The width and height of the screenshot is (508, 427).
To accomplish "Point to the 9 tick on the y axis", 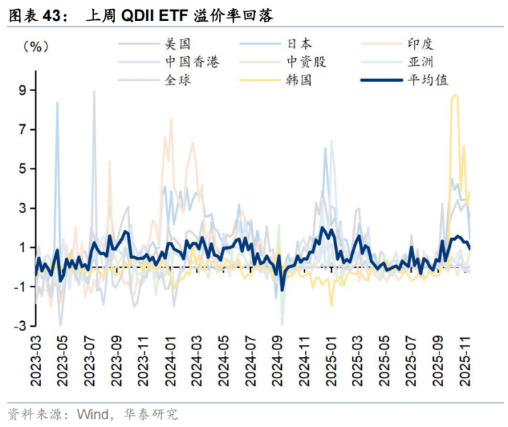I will tap(22, 90).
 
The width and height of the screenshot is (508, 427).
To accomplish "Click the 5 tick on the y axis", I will tap(22, 169).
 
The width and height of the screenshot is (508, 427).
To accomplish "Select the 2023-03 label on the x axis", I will tap(36, 360).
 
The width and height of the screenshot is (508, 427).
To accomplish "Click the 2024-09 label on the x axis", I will tap(277, 360).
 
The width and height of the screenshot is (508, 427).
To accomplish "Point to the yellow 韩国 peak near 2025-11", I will tap(454, 95).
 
